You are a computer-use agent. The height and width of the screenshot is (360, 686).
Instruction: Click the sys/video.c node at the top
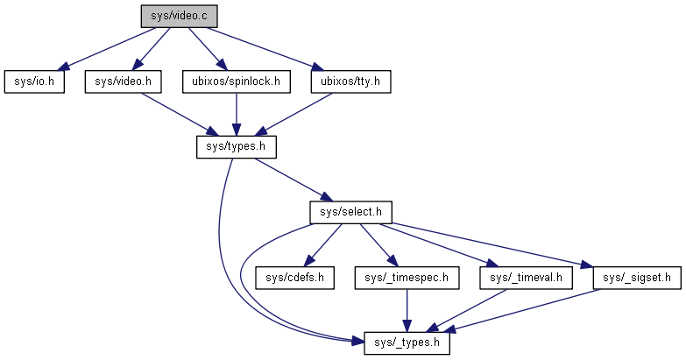click(178, 16)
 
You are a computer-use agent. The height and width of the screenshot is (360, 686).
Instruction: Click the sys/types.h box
click(236, 146)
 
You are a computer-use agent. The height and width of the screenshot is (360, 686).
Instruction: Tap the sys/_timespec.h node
click(407, 278)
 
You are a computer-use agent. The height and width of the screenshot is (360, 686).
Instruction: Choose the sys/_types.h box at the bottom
click(407, 343)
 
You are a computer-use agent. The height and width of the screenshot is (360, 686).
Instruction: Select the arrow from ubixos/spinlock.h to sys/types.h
click(236, 114)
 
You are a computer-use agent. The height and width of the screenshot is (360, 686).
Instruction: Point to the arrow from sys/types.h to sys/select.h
click(293, 180)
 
